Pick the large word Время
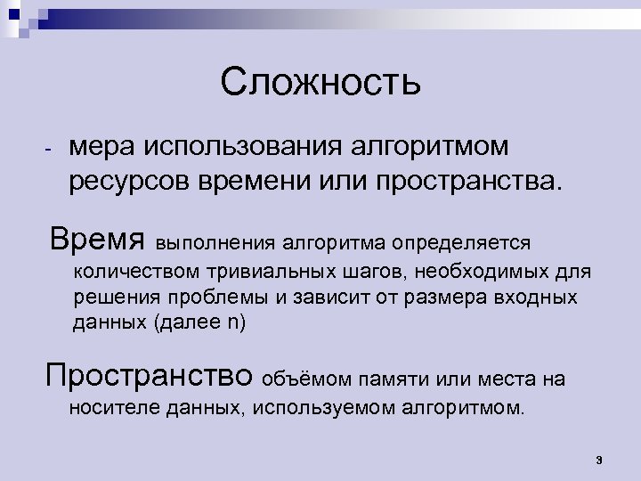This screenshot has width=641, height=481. [98, 239]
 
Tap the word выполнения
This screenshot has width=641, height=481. [216, 242]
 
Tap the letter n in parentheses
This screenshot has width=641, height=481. [233, 322]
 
